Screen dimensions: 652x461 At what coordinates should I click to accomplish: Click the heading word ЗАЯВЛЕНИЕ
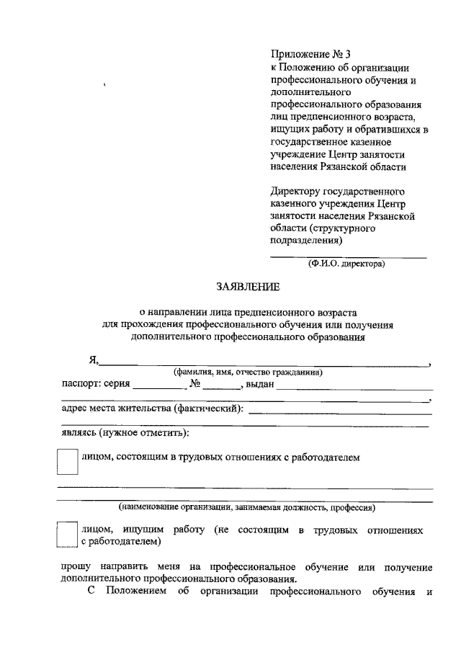[247, 287]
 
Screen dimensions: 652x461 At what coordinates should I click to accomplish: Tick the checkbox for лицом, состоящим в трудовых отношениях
[67, 462]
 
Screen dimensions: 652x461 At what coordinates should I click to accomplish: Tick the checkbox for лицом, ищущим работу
[67, 535]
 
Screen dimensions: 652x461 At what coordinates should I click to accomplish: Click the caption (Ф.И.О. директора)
[346, 264]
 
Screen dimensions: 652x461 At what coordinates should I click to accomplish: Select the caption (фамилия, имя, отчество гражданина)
[246, 372]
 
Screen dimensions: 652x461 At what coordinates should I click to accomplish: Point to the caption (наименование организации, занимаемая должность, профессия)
[247, 507]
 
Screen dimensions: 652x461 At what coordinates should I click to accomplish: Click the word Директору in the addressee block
[295, 192]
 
